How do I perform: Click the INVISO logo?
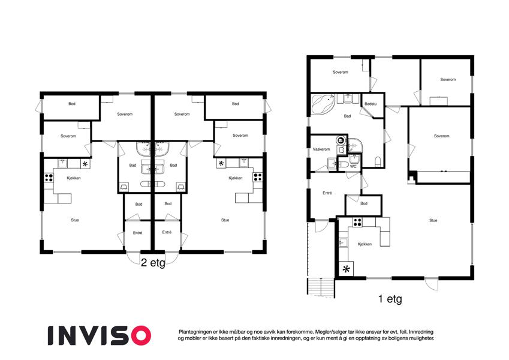100,335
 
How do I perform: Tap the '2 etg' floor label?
153,263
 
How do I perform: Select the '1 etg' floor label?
390,299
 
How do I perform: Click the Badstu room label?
371,104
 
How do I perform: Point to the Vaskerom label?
321,149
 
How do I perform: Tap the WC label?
353,166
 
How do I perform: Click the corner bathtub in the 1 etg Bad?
323,103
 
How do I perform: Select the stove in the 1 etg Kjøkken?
357,222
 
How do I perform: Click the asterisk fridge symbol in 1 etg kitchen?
347,269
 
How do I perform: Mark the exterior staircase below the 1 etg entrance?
321,287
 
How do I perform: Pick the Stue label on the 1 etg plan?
433,220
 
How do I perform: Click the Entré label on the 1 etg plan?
327,193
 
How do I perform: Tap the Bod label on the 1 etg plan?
364,203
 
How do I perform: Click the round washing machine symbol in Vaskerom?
341,141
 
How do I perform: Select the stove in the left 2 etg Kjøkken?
49,178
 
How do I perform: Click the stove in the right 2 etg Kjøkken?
258,177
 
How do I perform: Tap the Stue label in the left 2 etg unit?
75,220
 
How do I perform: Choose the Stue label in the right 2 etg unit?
225,220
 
